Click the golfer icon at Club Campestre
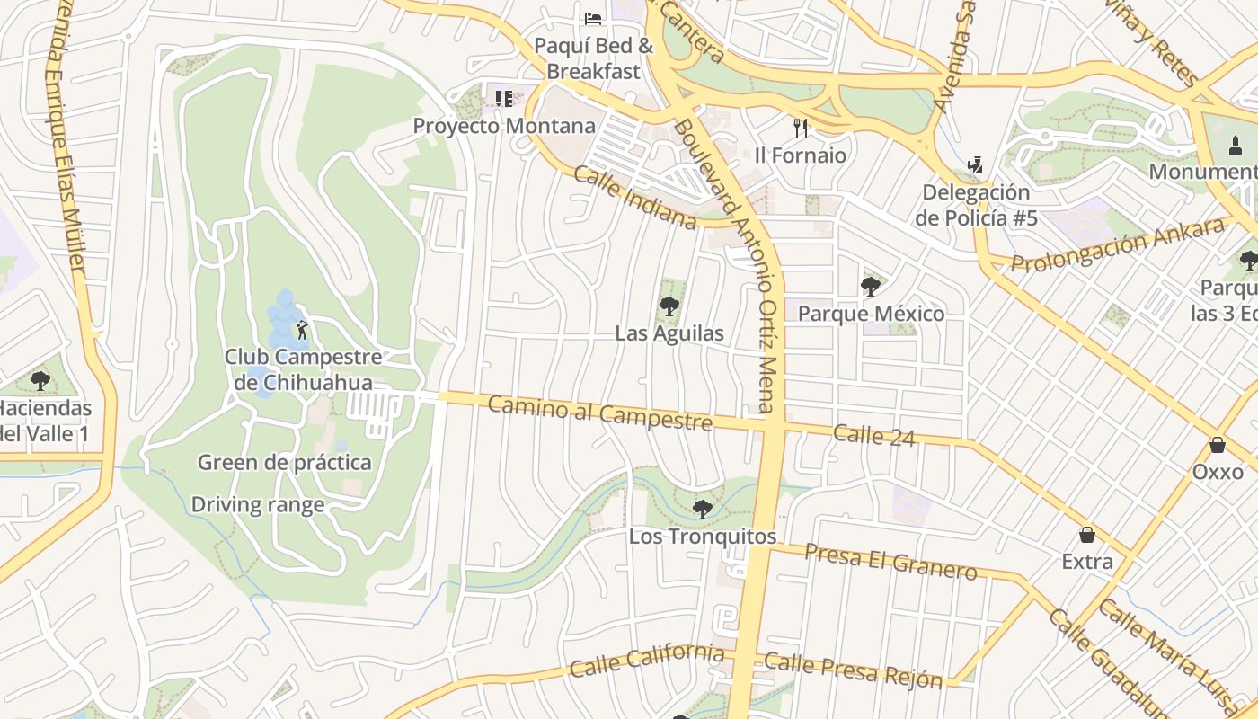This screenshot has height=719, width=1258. click(x=302, y=330)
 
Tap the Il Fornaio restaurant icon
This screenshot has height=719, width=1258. click(x=801, y=129)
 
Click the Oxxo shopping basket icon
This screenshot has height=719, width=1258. click(x=1218, y=445)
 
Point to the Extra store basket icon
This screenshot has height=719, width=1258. click(x=1087, y=536)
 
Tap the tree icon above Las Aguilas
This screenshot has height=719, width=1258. click(x=669, y=306)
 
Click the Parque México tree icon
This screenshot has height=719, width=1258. click(x=870, y=287)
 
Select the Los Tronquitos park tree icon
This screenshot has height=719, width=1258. click(x=703, y=510)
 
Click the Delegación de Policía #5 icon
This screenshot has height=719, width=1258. click(x=976, y=164)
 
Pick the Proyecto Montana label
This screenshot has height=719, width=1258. click(x=504, y=126)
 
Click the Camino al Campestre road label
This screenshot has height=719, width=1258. click(x=600, y=413)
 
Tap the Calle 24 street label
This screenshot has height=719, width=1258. click(x=874, y=435)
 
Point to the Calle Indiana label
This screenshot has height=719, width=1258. click(x=635, y=198)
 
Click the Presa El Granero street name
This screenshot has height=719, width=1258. click(x=890, y=562)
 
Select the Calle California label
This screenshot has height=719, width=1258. click(x=647, y=661)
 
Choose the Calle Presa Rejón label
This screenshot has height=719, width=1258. click(x=854, y=670)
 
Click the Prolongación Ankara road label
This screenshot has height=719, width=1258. click(x=1118, y=244)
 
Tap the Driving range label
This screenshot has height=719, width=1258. click(x=258, y=505)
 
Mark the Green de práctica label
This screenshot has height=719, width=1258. click(x=284, y=463)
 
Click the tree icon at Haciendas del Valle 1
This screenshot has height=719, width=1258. click(x=40, y=381)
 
